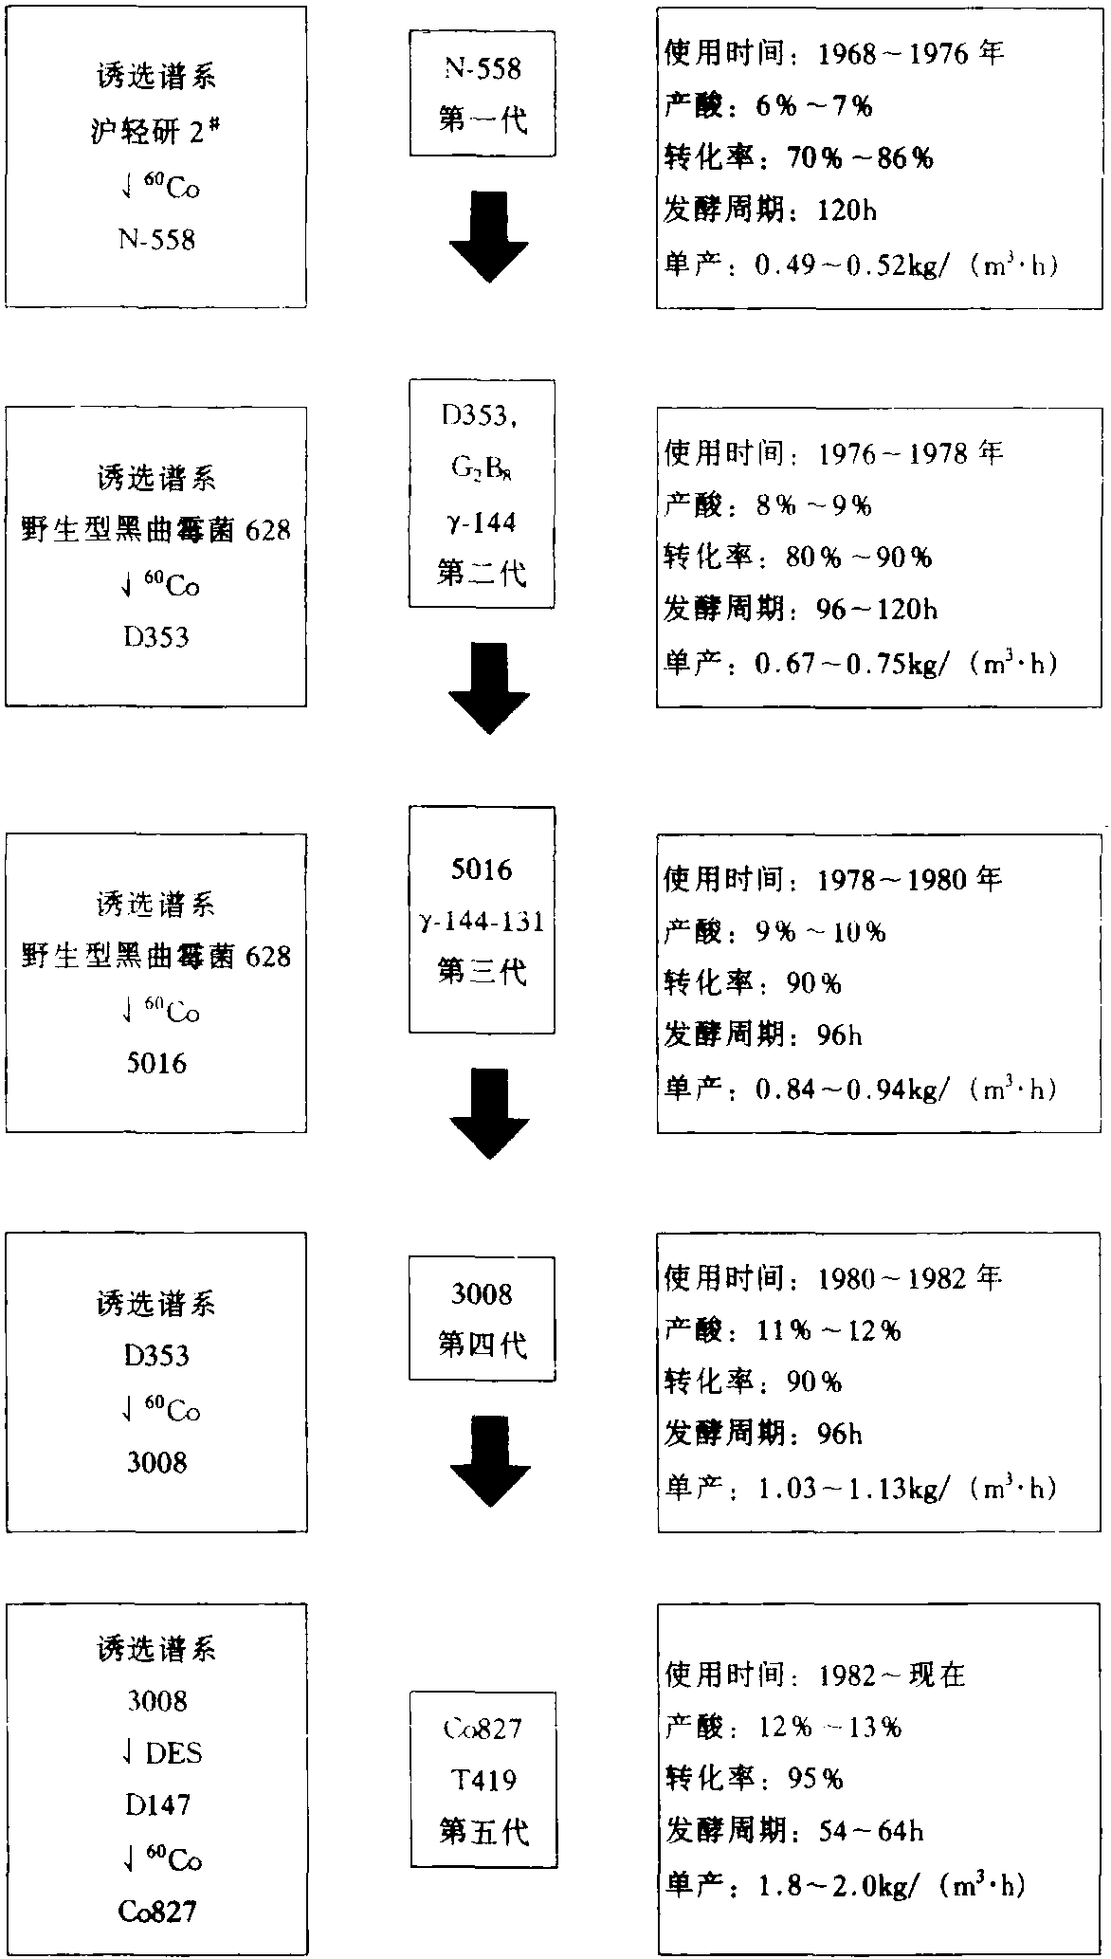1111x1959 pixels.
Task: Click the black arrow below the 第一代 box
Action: [488, 236]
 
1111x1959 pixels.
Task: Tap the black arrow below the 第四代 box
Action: [488, 1461]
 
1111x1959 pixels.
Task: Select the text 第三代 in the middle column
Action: [483, 972]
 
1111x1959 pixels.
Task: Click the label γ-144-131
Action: [483, 921]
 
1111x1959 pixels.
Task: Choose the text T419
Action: [483, 1780]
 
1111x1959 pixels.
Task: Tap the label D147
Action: [157, 1804]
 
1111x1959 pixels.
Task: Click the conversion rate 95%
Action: [815, 1779]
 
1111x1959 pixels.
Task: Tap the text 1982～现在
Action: [892, 1675]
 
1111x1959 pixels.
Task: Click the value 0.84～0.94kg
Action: [850, 1090]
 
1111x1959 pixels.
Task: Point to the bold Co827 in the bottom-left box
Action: [157, 1912]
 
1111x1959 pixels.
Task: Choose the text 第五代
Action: [483, 1832]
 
